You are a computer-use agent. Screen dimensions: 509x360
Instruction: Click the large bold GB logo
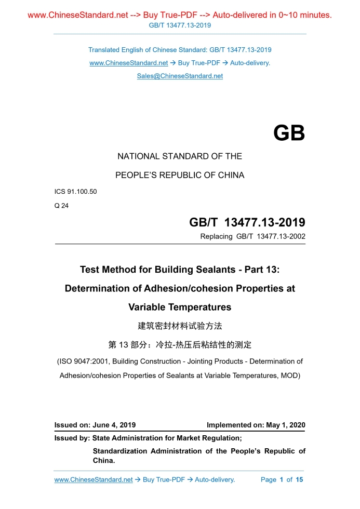[x=289, y=133]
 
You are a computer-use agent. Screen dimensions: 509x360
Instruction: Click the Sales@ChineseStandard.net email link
[x=180, y=76]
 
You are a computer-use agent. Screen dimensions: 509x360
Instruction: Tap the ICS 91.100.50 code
[x=76, y=192]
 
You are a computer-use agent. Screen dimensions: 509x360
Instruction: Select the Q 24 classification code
[x=61, y=205]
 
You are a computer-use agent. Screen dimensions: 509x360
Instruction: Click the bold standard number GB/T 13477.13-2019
[x=247, y=223]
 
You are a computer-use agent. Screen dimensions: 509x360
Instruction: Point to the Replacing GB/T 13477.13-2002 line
[x=252, y=237]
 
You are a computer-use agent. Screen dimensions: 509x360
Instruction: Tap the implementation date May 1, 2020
[x=285, y=425]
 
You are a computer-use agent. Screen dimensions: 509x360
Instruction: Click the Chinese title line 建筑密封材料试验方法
[x=180, y=326]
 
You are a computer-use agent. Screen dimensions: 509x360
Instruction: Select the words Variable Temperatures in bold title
[x=180, y=307]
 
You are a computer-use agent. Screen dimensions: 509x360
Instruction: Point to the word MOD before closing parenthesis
[x=289, y=374]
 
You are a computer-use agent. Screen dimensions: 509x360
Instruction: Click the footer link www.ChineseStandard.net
[x=94, y=479]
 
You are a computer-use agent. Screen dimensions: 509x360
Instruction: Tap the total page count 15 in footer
[x=299, y=479]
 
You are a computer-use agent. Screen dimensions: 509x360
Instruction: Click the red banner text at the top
[x=180, y=15]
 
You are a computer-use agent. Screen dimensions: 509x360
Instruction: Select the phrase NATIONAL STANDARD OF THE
[x=180, y=156]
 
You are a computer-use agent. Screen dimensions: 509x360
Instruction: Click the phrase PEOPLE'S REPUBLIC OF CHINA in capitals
[x=180, y=175]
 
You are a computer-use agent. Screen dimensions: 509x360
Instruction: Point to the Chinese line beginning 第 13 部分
[x=180, y=344]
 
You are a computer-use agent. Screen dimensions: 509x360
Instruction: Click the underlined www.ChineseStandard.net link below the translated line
[x=128, y=63]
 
